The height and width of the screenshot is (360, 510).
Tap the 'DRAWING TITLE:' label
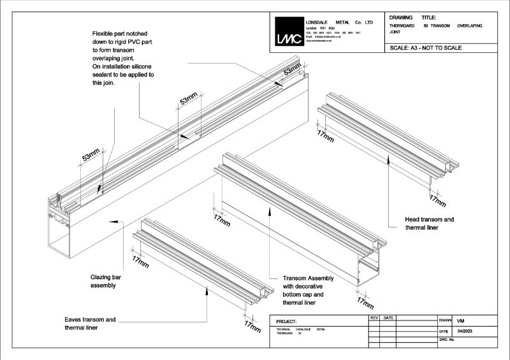[x=412, y=17]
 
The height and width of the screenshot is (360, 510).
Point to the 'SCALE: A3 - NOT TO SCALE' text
[x=425, y=48]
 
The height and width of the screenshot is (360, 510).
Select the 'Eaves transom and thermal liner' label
[x=90, y=323]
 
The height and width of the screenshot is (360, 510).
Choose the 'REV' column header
[x=375, y=317]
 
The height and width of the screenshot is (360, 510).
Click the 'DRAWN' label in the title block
[x=446, y=320]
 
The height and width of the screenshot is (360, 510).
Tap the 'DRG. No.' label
[x=448, y=341]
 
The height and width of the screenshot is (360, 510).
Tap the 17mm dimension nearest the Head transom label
[x=437, y=200]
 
